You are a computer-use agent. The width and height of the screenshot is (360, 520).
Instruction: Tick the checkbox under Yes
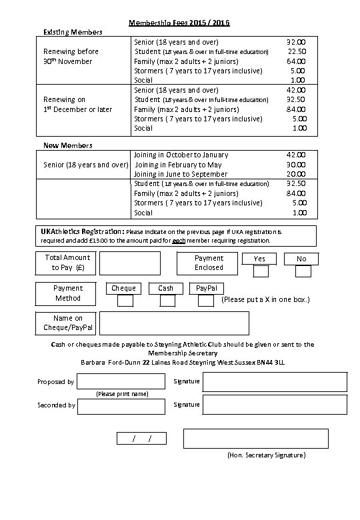(261, 271)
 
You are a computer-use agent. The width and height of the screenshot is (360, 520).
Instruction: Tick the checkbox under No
(303, 271)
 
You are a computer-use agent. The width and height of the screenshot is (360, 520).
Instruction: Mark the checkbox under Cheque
(125, 301)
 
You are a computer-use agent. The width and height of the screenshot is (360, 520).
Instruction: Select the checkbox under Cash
(166, 301)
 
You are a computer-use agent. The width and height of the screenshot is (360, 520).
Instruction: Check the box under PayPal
(207, 301)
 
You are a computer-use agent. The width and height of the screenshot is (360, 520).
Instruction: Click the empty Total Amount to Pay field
(130, 263)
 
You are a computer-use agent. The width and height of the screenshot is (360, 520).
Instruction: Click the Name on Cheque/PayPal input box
(173, 323)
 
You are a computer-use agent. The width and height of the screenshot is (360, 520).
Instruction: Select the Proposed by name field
(121, 381)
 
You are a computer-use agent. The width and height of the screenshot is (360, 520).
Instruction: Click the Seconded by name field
(121, 405)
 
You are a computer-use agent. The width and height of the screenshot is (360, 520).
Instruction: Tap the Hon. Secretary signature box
(255, 438)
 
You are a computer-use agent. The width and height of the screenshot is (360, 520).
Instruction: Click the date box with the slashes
(141, 438)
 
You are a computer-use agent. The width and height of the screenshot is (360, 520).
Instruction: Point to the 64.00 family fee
(296, 61)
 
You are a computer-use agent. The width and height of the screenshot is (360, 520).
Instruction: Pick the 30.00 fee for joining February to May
(296, 165)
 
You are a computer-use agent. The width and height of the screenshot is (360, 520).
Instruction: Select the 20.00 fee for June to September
(296, 174)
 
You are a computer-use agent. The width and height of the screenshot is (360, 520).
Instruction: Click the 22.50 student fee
(296, 51)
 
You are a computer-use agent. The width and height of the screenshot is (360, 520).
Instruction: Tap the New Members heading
(67, 145)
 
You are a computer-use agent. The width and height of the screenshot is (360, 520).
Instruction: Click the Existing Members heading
(73, 32)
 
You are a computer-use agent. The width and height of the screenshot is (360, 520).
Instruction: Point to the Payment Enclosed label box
(209, 263)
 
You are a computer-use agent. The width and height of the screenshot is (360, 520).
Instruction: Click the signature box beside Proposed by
(275, 381)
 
